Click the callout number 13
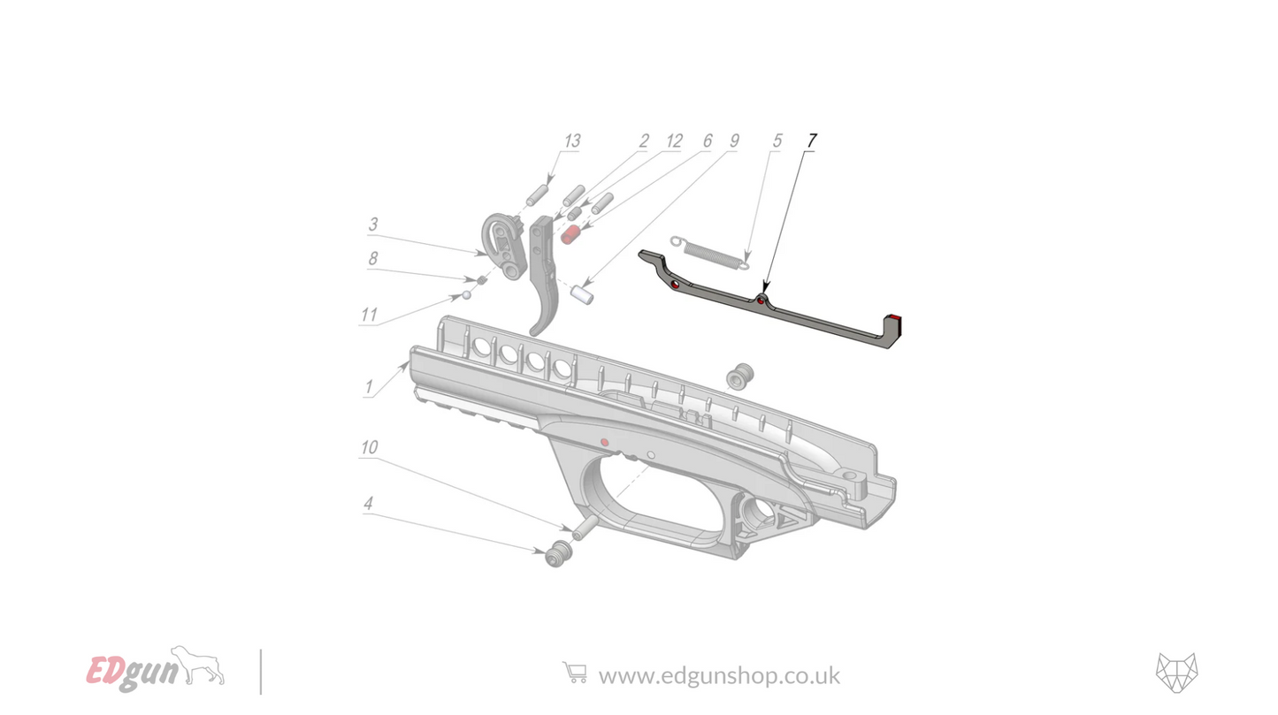(571, 141)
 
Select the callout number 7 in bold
(812, 141)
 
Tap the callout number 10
(368, 448)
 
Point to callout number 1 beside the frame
(368, 386)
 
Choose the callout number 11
(368, 316)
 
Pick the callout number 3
(373, 224)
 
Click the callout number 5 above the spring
(777, 141)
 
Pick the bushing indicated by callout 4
(558, 554)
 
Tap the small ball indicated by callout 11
(466, 294)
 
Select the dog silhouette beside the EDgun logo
(198, 664)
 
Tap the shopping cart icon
(574, 673)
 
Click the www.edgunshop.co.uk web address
(719, 675)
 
